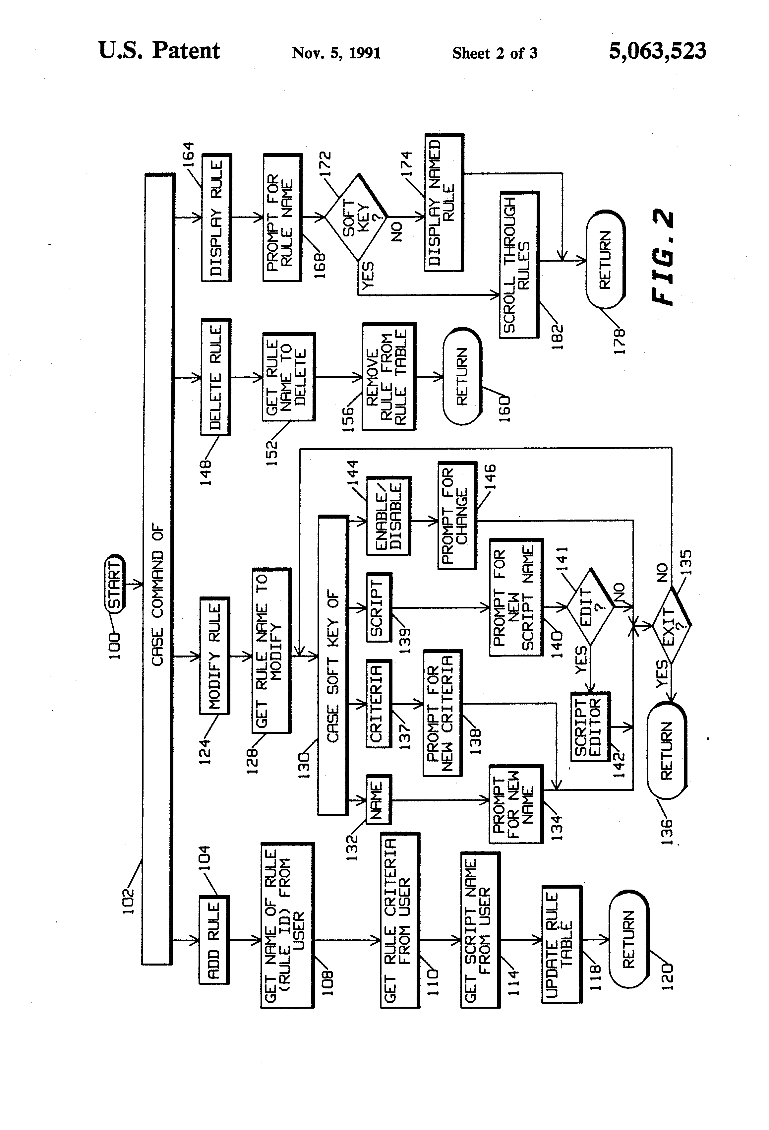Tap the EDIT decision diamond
tap(591, 607)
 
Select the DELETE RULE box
tap(216, 377)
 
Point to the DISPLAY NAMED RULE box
tap(444, 202)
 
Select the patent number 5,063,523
tap(657, 51)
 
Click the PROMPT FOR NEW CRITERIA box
tap(443, 713)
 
